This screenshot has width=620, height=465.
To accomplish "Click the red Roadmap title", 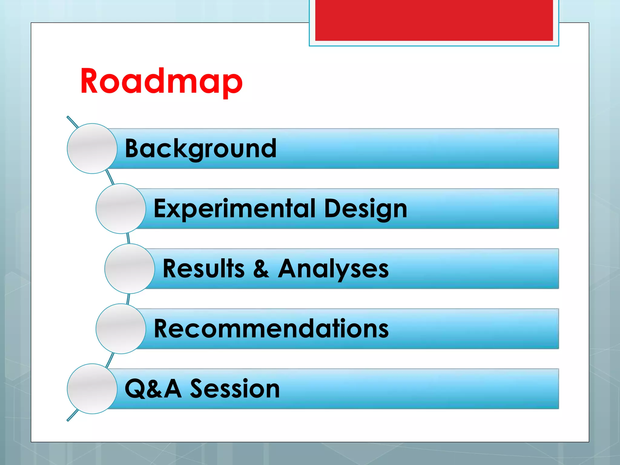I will (161, 81).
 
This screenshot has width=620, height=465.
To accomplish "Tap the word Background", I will (200, 148).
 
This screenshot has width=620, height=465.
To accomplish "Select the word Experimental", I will (235, 209).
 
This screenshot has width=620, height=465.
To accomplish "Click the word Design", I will (365, 209).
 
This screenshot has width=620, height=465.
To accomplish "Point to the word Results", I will (203, 269).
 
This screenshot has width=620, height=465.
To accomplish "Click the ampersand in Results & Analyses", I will (261, 269).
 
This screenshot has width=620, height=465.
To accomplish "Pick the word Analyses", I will (333, 269).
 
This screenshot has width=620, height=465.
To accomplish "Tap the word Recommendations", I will (271, 329).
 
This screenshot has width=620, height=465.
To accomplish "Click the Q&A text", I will (153, 389).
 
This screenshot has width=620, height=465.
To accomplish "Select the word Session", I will (235, 389).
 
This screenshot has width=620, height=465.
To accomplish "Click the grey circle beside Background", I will (92, 148).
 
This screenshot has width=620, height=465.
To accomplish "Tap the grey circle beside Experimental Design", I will (121, 209).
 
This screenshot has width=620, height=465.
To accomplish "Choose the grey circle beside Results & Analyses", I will (130, 269).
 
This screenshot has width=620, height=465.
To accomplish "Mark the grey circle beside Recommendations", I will (121, 329).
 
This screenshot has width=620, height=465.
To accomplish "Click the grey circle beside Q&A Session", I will (92, 389).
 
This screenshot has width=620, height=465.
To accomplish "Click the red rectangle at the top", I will (434, 20).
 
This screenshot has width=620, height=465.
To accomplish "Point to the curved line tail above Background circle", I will (72, 121).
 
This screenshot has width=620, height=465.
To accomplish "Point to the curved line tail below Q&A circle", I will (72, 416).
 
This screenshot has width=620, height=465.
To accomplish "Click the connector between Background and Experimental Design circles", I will (110, 178).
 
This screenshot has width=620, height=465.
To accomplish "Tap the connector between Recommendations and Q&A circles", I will (110, 359).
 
